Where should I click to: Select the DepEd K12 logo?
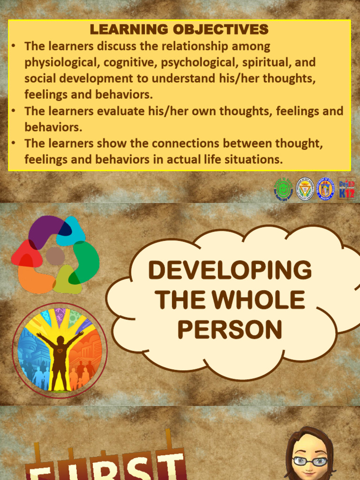point(347,188)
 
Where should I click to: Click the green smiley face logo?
point(283,189)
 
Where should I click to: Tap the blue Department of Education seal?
point(325,189)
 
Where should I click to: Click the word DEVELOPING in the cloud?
point(230,270)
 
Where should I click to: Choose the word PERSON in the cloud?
point(230,329)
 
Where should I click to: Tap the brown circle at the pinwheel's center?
point(55,256)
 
